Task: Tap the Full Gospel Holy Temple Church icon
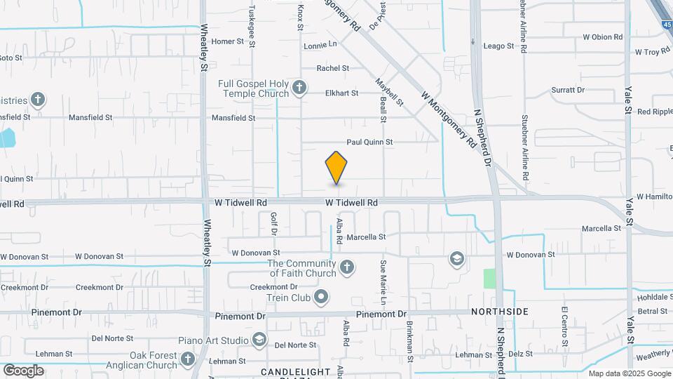299,88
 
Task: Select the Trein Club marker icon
322,297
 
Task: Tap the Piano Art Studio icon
259,340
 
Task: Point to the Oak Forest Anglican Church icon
187,359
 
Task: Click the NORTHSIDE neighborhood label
499,311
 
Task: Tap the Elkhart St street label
341,93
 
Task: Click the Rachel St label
333,68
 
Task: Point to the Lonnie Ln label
320,45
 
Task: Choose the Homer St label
227,41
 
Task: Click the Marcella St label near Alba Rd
366,237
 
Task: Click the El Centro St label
564,325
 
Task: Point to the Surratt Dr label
568,90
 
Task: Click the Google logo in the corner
23,370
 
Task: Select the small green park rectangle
489,278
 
